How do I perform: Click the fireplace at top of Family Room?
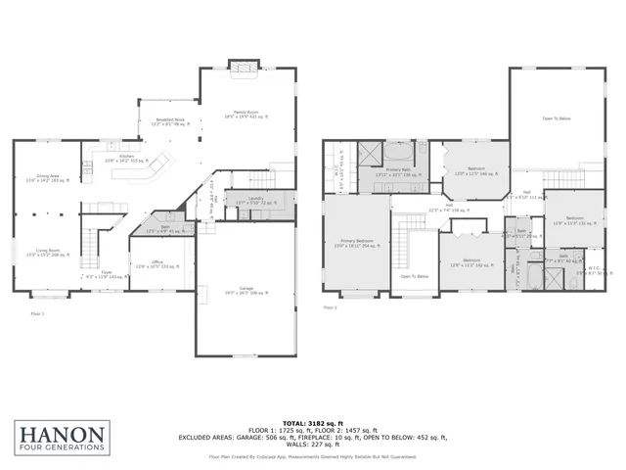243,66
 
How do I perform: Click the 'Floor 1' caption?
38,312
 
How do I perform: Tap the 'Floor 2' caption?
331,307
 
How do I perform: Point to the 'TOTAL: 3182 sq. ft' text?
327,423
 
